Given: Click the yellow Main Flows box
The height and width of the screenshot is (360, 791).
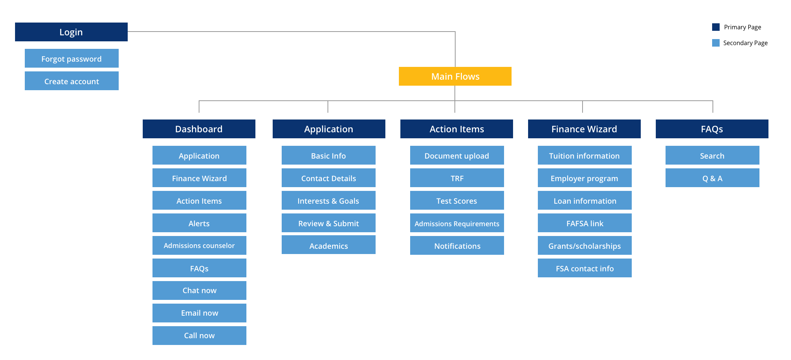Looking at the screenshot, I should [455, 76].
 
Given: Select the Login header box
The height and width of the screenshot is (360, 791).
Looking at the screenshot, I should [71, 32].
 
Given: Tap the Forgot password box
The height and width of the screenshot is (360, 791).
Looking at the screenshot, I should [71, 58].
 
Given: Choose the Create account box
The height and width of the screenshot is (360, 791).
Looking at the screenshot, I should [71, 81].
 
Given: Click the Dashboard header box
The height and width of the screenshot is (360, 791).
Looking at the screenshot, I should [199, 129].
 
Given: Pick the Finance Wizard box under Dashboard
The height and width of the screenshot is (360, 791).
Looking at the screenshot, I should [199, 178].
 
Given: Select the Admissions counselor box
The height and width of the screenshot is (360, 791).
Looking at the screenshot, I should [199, 245].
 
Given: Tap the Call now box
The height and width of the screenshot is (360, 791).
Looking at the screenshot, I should [199, 336].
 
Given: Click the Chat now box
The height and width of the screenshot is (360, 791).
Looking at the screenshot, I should [199, 290].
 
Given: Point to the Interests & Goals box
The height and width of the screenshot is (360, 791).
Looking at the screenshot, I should [328, 200].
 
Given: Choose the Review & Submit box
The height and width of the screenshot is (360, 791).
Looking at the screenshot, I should [328, 223].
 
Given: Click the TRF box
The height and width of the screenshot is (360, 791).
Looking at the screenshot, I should [457, 178].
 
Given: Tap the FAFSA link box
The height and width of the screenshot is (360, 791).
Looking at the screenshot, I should [584, 223].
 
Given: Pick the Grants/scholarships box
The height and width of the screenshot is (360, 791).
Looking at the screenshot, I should [584, 245].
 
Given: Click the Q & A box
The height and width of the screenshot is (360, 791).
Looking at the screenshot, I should [712, 178].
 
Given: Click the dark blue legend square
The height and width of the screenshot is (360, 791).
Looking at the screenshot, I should [716, 27].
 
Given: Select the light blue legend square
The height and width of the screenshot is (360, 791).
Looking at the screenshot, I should [716, 43].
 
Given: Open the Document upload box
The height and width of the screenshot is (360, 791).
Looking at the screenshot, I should [457, 155].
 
